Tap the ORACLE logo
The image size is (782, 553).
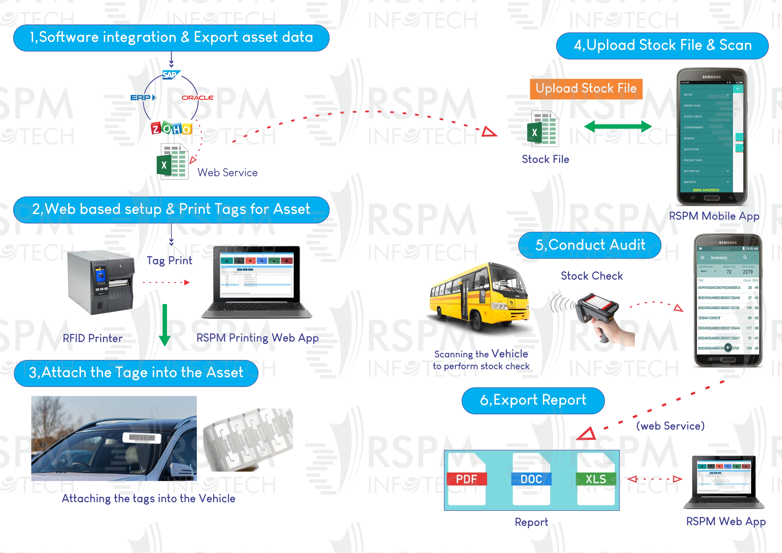[x=198, y=98]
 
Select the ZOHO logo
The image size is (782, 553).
[x=172, y=128]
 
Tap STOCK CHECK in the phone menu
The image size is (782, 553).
[x=693, y=117]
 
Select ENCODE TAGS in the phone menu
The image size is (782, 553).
[x=693, y=160]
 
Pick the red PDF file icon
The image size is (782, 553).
[x=467, y=479]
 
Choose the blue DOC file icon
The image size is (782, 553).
[x=531, y=479]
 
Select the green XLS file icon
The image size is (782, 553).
[x=596, y=479]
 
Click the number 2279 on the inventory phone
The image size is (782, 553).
[x=748, y=272]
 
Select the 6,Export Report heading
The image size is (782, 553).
[x=533, y=400]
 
